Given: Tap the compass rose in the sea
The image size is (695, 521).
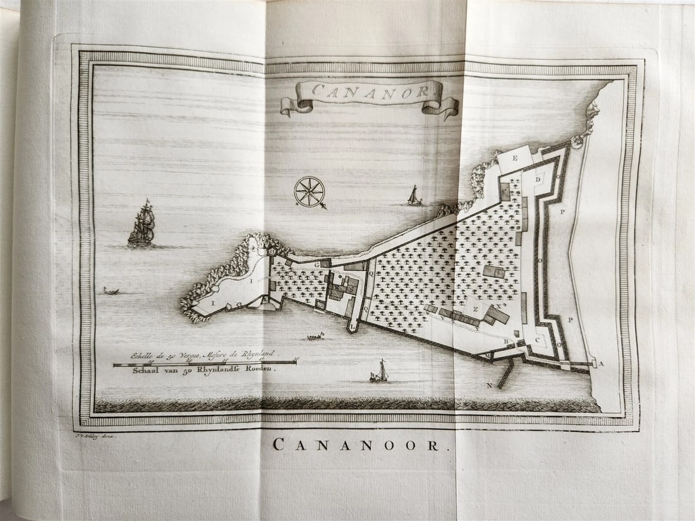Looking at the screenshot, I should [x=310, y=191].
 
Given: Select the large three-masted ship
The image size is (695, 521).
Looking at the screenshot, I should [x=142, y=224].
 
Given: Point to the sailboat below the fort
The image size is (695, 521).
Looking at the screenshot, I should [x=380, y=372].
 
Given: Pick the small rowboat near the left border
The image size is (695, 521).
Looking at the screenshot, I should [x=112, y=291].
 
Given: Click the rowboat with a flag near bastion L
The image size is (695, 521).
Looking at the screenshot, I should [x=315, y=336].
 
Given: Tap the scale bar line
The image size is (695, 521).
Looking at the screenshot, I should [x=205, y=363].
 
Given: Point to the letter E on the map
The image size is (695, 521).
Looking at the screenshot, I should [x=514, y=158].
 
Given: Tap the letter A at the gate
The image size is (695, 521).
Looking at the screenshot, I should [x=601, y=363].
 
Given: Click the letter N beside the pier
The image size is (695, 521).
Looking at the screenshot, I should [x=489, y=385].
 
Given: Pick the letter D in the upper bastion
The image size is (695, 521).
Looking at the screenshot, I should [x=538, y=179].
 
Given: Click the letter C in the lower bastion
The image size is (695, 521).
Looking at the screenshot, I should [x=538, y=340].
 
